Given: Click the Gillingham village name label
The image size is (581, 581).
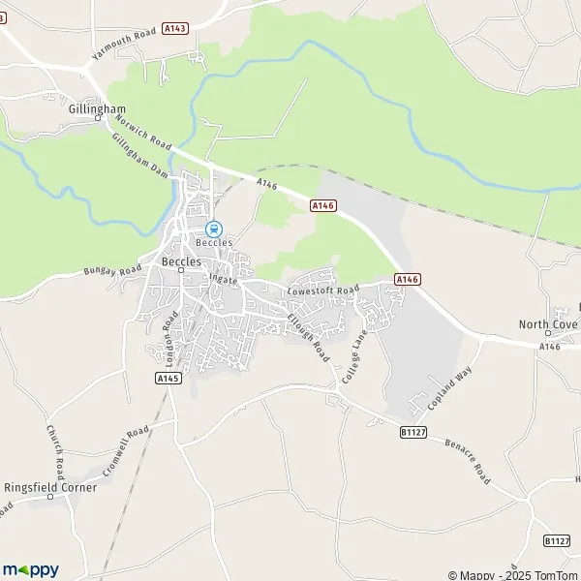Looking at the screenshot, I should point(92,109).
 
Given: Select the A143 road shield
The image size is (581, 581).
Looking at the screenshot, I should point(175,29).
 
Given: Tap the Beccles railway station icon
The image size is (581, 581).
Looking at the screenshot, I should point(212,229).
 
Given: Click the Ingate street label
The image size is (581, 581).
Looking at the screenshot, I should point(223,279).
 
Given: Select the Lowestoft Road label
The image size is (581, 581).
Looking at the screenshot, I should point(323,290).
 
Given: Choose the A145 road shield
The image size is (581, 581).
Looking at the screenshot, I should point(168,380).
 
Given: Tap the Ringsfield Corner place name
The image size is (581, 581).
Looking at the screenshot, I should point(50,487).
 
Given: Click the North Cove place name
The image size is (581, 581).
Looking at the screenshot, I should point(548,324).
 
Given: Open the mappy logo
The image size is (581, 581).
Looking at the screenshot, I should point(30,569).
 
